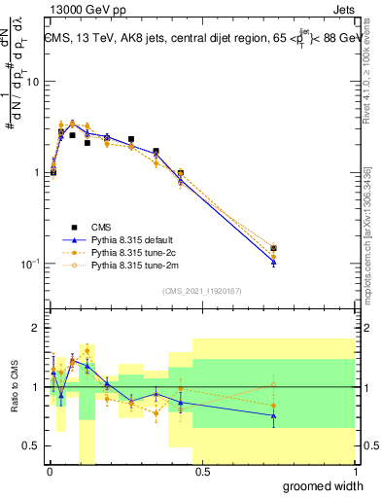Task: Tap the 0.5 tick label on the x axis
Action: point(202,472)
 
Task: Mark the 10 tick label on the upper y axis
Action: point(32,82)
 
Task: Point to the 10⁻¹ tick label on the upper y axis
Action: point(29,264)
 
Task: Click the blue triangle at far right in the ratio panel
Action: point(273,415)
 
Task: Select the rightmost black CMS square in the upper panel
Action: point(273,249)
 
